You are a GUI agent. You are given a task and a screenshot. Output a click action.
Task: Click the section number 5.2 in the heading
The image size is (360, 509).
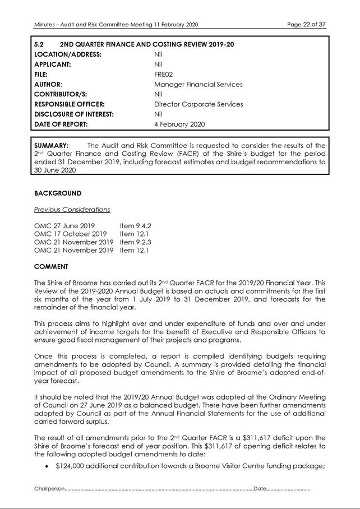(39, 44)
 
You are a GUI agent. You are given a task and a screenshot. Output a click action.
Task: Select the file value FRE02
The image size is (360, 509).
(163, 74)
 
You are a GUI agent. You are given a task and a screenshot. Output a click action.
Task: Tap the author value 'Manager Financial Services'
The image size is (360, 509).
(198, 84)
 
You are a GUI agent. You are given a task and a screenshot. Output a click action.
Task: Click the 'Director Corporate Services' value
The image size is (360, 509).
(198, 104)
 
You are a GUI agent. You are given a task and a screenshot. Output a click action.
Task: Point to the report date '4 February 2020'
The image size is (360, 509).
(179, 124)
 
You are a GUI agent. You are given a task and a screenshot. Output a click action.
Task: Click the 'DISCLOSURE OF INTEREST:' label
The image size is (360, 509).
(74, 114)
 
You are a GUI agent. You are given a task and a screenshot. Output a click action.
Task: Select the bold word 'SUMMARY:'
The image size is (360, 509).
(52, 145)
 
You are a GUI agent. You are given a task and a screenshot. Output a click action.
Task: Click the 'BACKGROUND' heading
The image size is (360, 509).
(58, 193)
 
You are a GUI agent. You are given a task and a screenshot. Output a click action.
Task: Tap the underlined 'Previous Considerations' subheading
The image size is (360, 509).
(72, 209)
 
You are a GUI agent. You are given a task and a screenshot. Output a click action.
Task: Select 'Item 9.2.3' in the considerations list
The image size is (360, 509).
(136, 242)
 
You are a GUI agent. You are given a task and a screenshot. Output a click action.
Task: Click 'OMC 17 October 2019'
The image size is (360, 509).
(70, 234)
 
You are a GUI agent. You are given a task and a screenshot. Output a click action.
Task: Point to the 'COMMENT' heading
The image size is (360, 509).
(51, 266)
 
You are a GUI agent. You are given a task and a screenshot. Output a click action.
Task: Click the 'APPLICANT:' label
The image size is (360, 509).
(55, 64)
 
